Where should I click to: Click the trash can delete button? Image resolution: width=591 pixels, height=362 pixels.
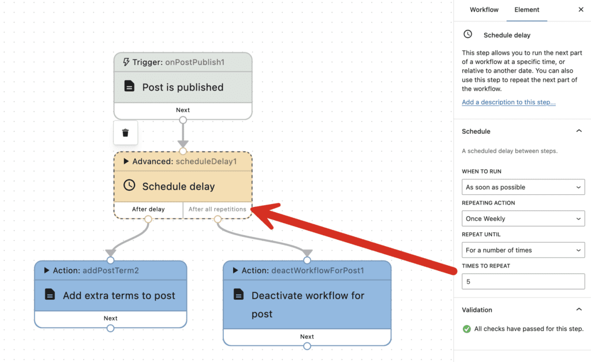(125, 133)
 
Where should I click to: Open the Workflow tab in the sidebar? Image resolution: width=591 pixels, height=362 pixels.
(484, 10)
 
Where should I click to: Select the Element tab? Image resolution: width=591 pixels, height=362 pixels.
(526, 10)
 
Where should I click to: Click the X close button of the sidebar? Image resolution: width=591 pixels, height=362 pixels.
(581, 10)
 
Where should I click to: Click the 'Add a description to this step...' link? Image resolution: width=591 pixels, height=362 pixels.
(508, 102)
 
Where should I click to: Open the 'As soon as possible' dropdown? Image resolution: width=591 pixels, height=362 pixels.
(523, 187)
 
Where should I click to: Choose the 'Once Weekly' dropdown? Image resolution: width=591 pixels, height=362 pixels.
(523, 219)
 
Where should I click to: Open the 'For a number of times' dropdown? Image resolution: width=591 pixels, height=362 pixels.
(523, 250)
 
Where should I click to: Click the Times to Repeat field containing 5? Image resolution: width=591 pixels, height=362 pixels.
(523, 282)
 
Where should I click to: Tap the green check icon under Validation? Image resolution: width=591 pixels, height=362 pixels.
(467, 329)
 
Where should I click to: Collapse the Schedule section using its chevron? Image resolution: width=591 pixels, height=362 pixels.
(579, 131)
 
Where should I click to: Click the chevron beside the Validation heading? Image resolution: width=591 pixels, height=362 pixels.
(579, 310)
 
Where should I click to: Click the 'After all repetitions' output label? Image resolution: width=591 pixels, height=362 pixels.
(217, 209)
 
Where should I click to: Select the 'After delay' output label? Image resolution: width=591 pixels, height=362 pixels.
(148, 209)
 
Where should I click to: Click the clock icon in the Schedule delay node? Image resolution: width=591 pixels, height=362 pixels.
(130, 186)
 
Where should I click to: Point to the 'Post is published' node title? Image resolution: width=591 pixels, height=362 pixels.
(182, 88)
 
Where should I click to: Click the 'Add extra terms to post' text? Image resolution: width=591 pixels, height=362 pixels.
(119, 296)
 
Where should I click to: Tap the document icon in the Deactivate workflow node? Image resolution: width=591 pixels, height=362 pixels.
(238, 295)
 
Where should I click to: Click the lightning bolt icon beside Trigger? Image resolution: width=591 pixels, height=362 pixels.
(126, 62)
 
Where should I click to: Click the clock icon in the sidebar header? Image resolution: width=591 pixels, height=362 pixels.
(468, 35)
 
